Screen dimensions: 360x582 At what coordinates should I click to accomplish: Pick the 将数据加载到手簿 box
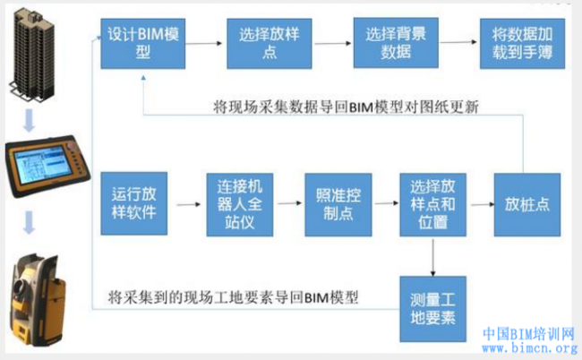pos(523,42)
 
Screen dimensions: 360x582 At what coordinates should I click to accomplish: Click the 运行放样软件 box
pos(134,203)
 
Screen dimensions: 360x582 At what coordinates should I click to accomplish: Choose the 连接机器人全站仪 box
pos(240,203)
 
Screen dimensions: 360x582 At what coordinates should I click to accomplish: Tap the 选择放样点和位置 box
pos(433,203)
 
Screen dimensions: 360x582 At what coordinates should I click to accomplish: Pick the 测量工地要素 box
pos(434,304)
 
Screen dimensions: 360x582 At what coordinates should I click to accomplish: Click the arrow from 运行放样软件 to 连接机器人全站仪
pos(185,204)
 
